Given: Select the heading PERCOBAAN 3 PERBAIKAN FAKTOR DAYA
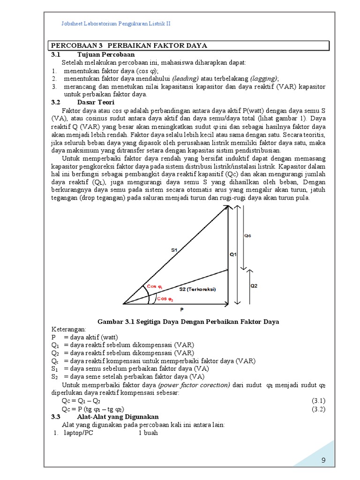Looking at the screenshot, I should tap(129, 45).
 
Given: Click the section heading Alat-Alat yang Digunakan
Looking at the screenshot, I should tap(118, 417).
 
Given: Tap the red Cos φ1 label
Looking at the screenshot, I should tap(155, 286).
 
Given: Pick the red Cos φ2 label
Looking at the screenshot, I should tap(165, 299).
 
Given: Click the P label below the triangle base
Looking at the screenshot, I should tap(182, 310).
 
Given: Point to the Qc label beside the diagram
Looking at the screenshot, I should tap(248, 236).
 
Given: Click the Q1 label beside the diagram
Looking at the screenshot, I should tap(233, 255).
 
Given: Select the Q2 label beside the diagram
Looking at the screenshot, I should tap(254, 285).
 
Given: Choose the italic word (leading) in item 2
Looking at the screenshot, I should tap(185, 79).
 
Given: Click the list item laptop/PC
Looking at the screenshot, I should tap(79, 433).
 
